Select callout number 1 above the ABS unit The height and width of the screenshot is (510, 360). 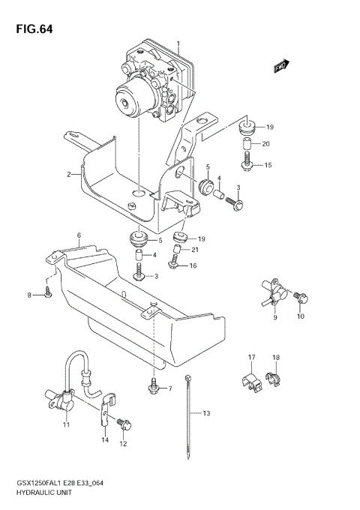point(178,43)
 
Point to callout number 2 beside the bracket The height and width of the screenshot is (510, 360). point(68,175)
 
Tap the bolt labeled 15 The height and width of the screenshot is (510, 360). point(245,163)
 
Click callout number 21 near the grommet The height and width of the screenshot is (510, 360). point(195,250)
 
